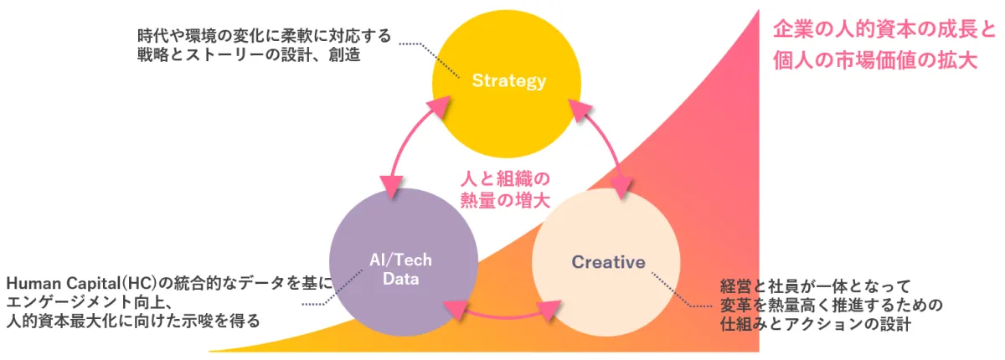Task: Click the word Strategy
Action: pyautogui.click(x=508, y=81)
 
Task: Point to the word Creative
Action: pyautogui.click(x=609, y=262)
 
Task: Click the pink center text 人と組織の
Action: pyautogui.click(x=504, y=178)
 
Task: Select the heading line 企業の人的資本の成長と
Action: pyautogui.click(x=884, y=29)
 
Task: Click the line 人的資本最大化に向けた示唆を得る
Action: pyautogui.click(x=132, y=321)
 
